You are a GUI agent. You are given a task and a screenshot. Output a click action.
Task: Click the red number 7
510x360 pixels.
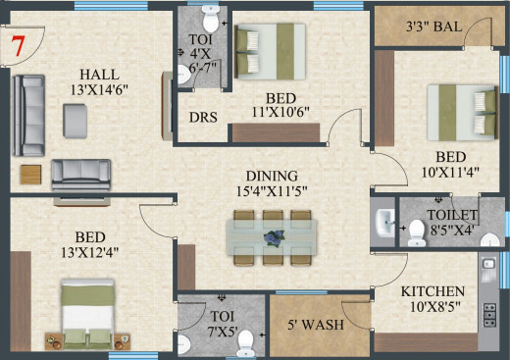pyautogui.click(x=17, y=45)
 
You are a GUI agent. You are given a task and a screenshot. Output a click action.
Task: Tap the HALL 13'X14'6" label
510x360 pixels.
pyautogui.click(x=115, y=79)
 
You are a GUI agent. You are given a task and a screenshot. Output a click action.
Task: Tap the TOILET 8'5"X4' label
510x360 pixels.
pyautogui.click(x=451, y=223)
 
